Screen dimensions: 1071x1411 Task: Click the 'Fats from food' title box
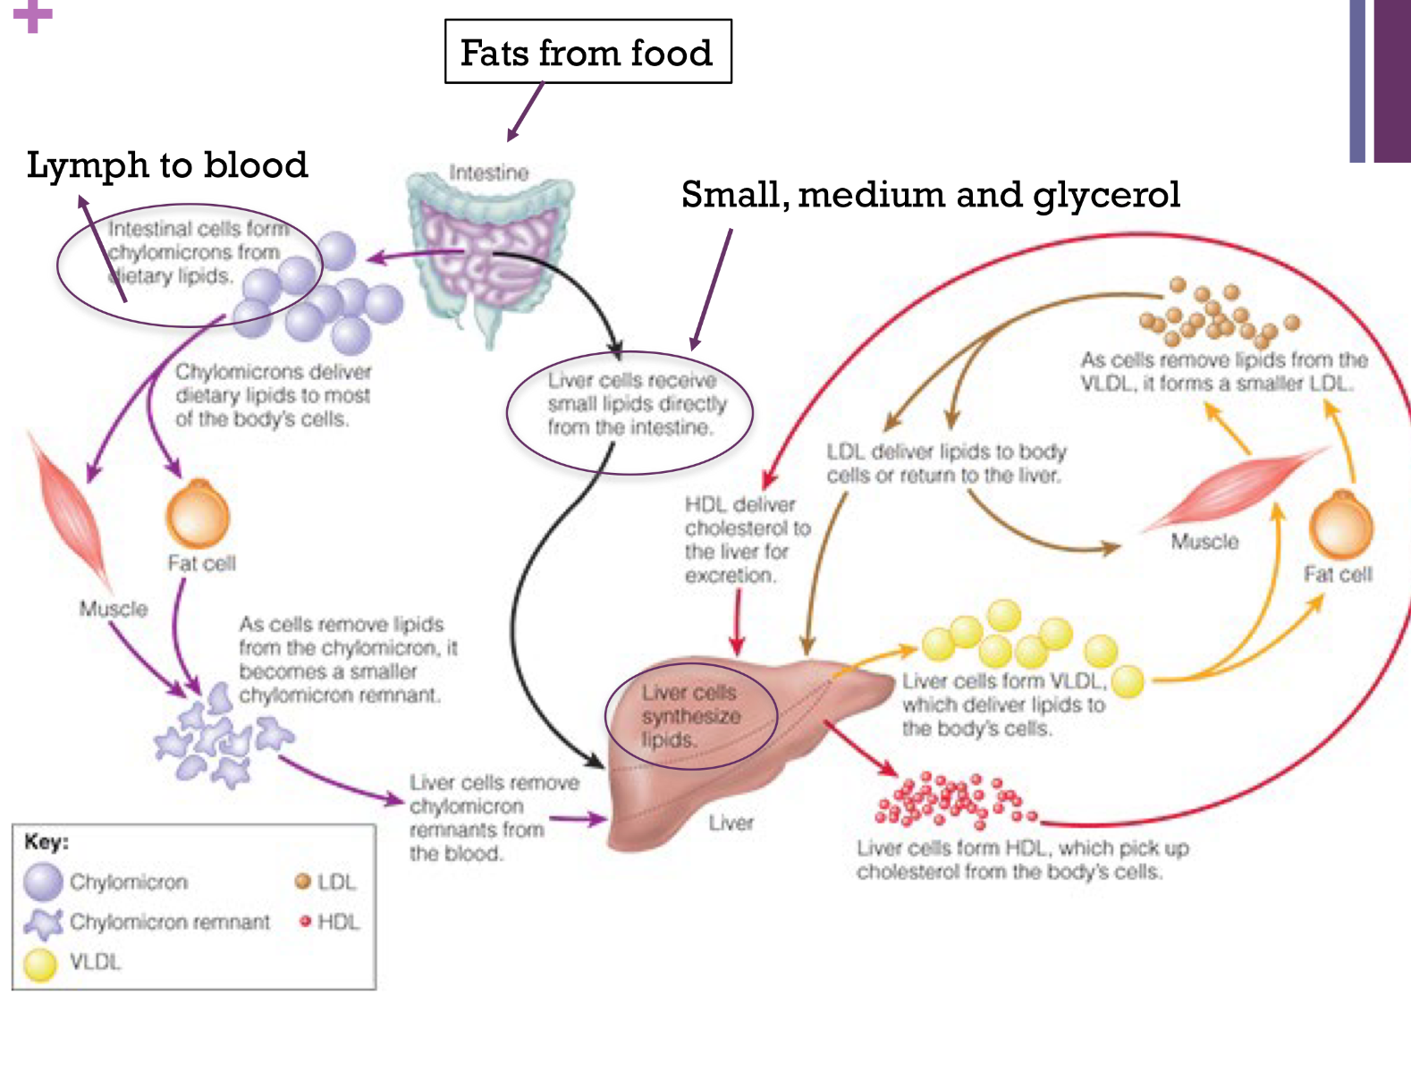(x=587, y=52)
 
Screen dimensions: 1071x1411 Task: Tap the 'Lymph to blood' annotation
(x=167, y=165)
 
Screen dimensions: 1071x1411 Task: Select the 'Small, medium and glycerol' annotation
(x=930, y=194)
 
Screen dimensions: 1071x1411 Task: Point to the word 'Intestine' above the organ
(x=488, y=172)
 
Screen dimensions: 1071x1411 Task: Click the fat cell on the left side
(x=198, y=515)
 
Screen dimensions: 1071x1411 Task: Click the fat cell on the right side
(x=1340, y=526)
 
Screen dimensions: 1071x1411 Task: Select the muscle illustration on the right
(x=1234, y=490)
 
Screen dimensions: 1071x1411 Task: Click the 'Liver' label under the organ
(x=731, y=822)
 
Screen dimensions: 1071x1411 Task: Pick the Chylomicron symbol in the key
(x=43, y=881)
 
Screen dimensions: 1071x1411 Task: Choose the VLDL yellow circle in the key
(x=41, y=964)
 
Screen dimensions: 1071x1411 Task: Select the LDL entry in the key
(x=326, y=882)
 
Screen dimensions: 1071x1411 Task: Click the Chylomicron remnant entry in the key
(x=148, y=922)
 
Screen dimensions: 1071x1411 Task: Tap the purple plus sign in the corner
(x=33, y=15)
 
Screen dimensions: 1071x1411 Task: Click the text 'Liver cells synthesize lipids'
(x=690, y=716)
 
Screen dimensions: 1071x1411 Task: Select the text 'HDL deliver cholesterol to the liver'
(x=747, y=540)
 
